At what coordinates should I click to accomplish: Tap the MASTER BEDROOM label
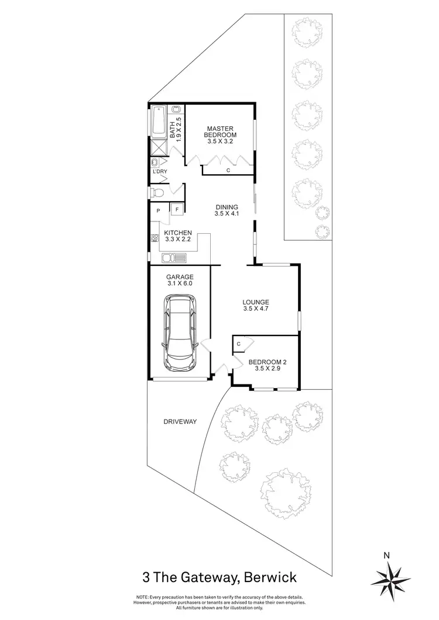220,132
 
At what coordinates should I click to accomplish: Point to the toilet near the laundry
157,192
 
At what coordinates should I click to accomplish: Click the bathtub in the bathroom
159,122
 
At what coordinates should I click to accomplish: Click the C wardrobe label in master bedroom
228,170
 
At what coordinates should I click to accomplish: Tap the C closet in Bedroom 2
239,344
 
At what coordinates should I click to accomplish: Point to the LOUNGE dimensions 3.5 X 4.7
255,310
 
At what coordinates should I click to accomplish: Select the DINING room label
227,207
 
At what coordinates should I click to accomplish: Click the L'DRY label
159,171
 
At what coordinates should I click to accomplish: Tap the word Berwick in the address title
272,577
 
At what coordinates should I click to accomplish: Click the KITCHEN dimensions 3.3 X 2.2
179,240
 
